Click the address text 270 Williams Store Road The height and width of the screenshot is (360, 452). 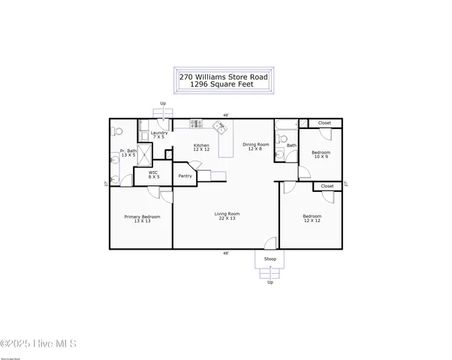[x=226, y=76]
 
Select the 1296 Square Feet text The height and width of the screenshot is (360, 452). [x=226, y=85]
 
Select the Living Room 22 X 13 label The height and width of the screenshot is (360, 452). [x=226, y=217]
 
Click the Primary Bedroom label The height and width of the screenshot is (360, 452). [x=141, y=219]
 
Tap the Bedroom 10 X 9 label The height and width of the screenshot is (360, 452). [x=321, y=154]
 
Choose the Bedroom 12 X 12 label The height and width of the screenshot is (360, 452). [x=312, y=219]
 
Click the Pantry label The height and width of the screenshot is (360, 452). [x=185, y=176]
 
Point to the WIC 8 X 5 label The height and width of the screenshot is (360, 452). [x=153, y=175]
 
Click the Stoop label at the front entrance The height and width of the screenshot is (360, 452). [x=270, y=259]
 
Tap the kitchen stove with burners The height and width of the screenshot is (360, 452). [x=195, y=124]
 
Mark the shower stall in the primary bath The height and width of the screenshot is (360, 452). [x=144, y=154]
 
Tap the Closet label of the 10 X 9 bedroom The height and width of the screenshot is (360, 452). [x=324, y=123]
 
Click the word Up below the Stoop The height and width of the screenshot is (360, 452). [x=270, y=282]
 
